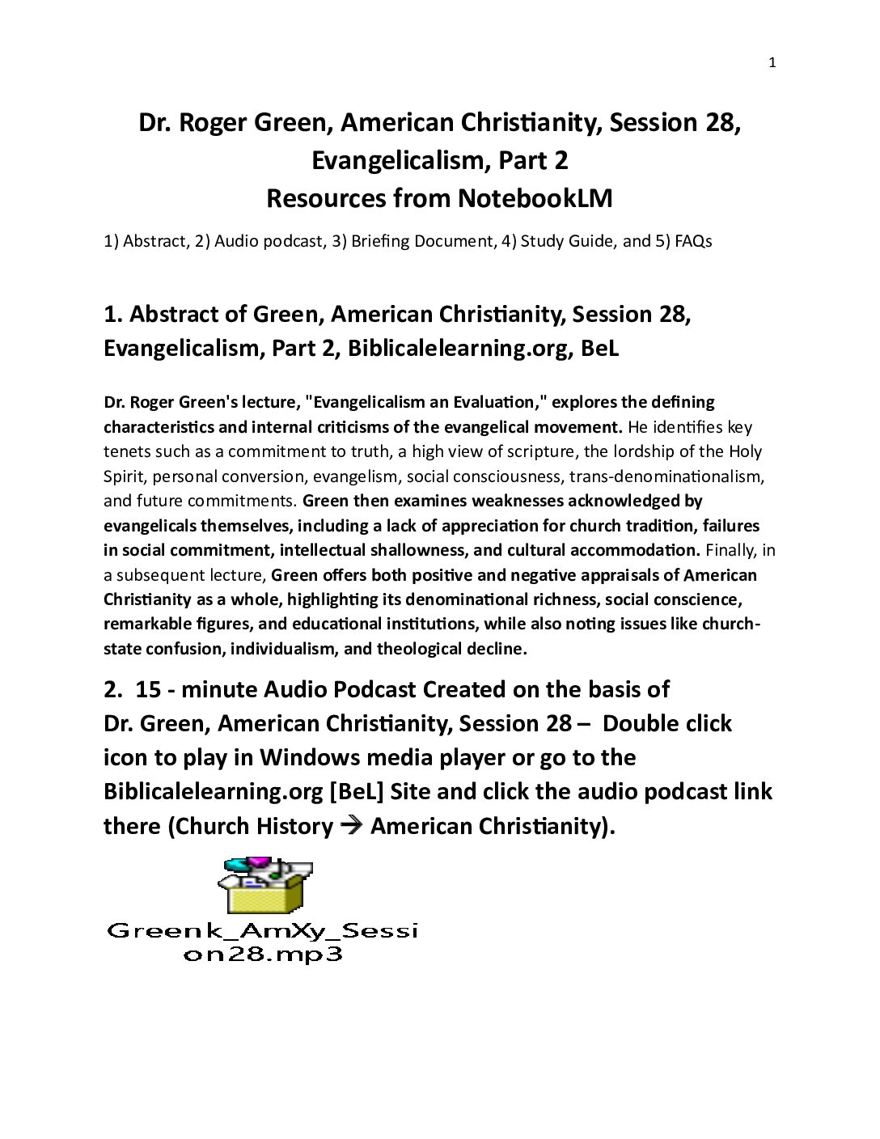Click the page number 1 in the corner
pos(772,63)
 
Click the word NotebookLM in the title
pos(535,199)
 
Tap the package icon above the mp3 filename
pos(264,886)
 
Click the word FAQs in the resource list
pos(692,241)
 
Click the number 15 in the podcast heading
pos(149,689)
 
